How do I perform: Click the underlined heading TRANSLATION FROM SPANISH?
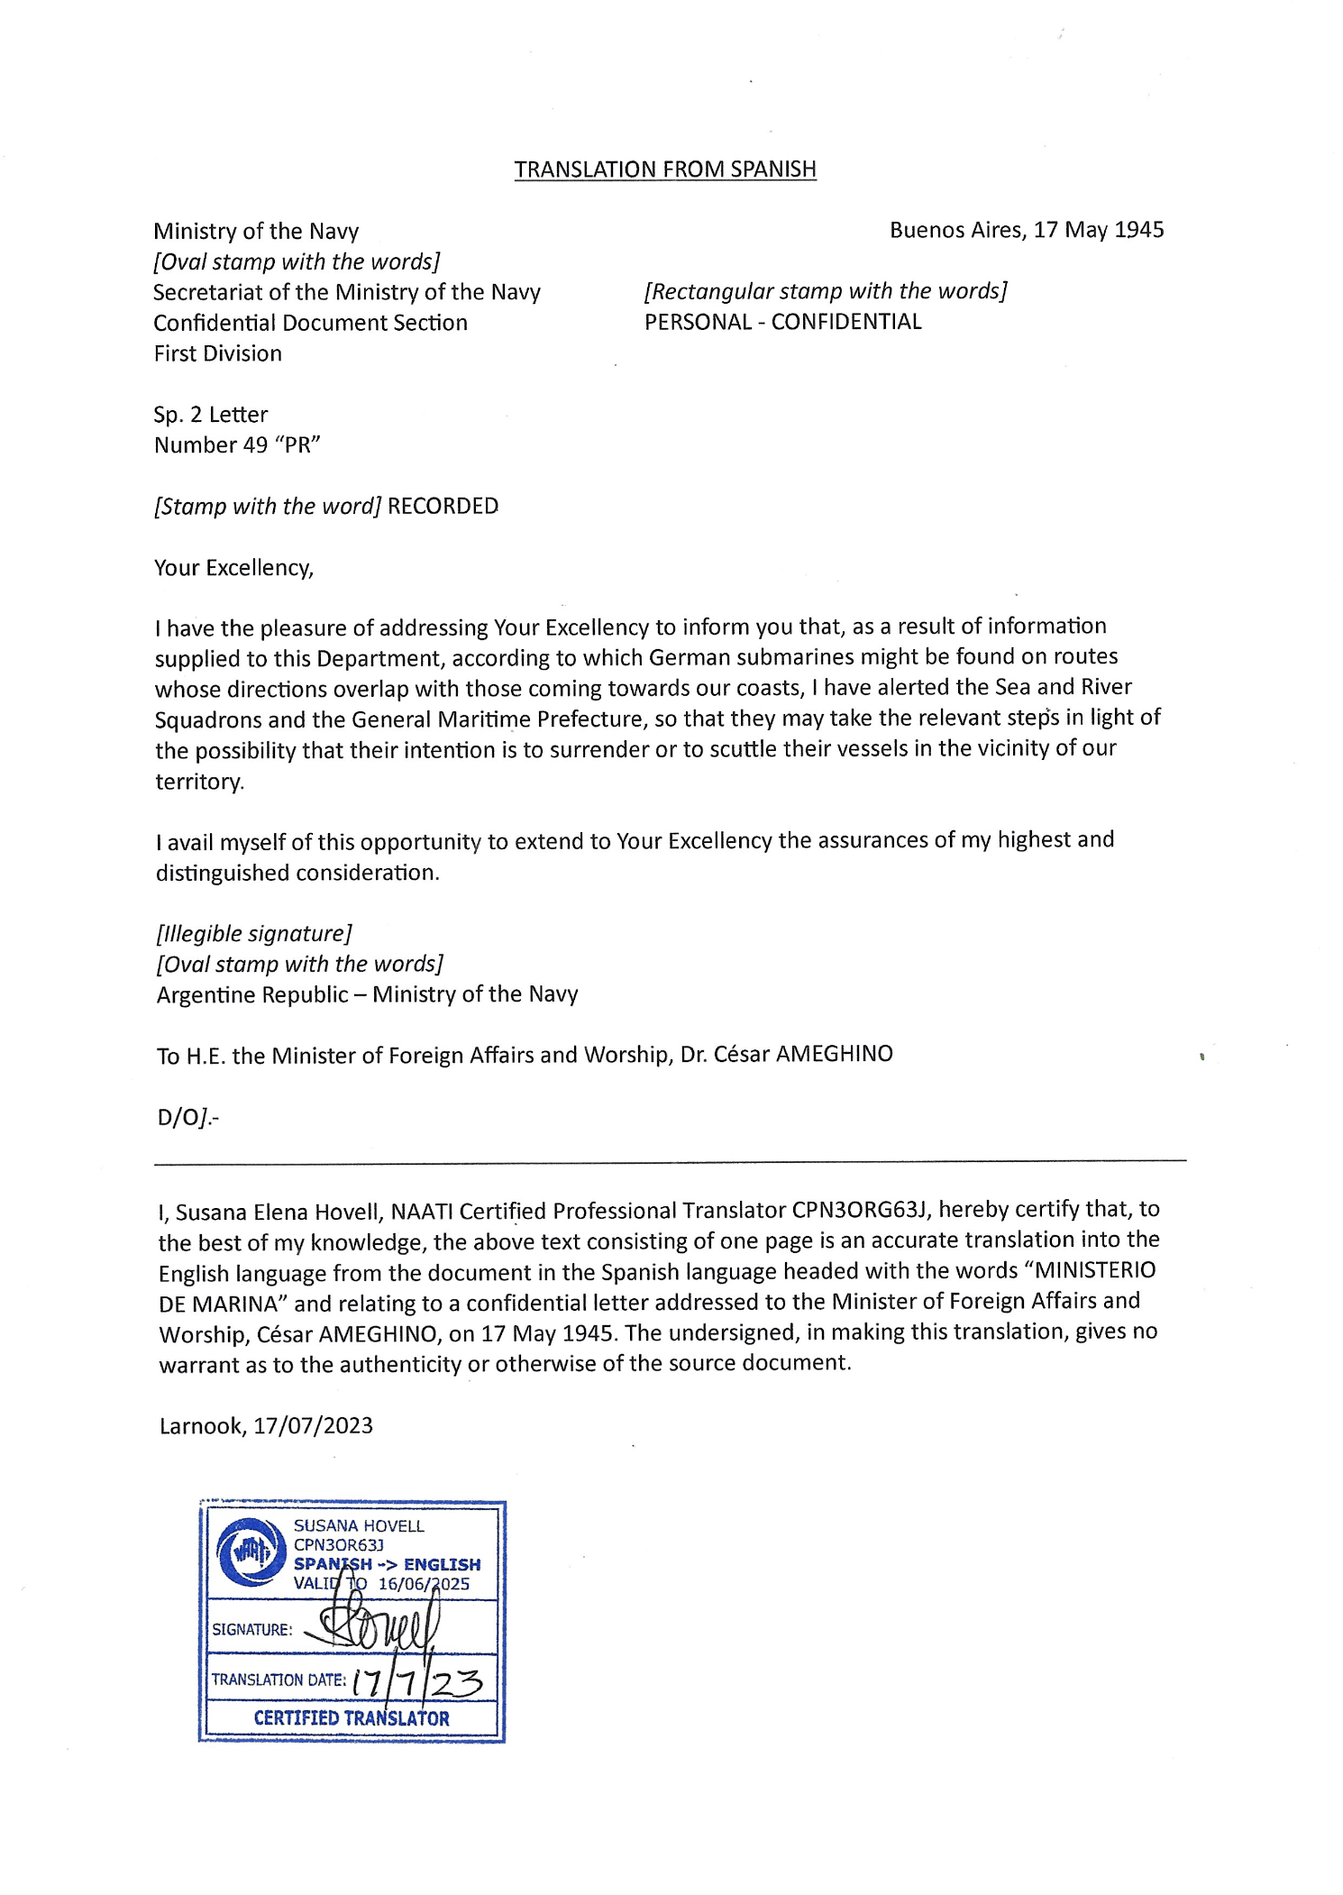tap(665, 169)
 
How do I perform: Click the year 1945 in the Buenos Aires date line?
tap(1138, 230)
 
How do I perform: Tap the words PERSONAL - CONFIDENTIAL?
tap(782, 322)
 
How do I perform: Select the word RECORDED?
tap(443, 506)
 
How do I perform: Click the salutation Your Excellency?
tap(233, 568)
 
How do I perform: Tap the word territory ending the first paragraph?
tap(198, 781)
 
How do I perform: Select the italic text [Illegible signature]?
tap(253, 933)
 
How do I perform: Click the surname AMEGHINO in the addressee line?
tap(834, 1054)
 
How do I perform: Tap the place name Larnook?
tap(201, 1425)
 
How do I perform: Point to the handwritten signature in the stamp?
tap(379, 1624)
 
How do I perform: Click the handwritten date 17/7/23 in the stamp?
tap(417, 1681)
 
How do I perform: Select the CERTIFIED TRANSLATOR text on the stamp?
tap(352, 1718)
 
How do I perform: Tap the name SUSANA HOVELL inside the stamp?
tap(359, 1525)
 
